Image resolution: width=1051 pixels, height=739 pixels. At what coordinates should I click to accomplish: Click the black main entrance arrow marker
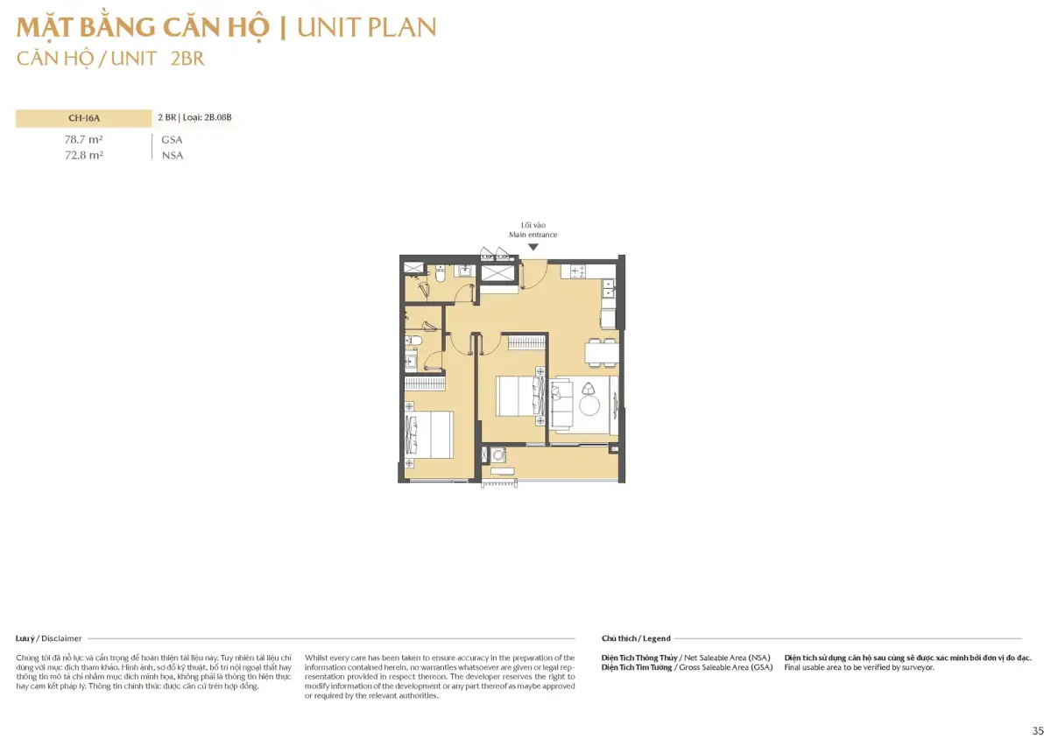pyautogui.click(x=533, y=247)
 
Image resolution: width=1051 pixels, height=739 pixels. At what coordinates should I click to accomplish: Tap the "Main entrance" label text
pyautogui.click(x=533, y=235)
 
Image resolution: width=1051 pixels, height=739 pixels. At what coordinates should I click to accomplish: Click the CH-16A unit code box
pyautogui.click(x=84, y=118)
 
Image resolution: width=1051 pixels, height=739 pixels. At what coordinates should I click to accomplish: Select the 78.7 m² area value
pyautogui.click(x=84, y=139)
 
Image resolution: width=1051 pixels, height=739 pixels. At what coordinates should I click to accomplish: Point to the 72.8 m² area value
pyautogui.click(x=84, y=155)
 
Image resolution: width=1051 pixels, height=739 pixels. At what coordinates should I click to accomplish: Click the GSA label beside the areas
pyautogui.click(x=172, y=140)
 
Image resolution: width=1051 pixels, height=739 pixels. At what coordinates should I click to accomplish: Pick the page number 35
pyautogui.click(x=1037, y=730)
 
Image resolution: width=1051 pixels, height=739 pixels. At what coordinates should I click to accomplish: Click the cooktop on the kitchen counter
pyautogui.click(x=578, y=271)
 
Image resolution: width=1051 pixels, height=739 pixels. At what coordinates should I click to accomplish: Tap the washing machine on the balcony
pyautogui.click(x=497, y=454)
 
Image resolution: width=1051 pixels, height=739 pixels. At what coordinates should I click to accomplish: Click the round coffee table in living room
pyautogui.click(x=589, y=405)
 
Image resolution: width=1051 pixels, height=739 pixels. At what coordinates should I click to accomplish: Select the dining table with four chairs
pyautogui.click(x=601, y=352)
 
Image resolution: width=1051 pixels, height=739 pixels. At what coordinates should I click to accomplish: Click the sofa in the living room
pyautogui.click(x=561, y=404)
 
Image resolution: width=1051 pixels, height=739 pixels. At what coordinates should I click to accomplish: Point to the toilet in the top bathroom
pyautogui.click(x=440, y=274)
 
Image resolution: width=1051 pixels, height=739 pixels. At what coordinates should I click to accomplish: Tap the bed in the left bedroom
pyautogui.click(x=429, y=434)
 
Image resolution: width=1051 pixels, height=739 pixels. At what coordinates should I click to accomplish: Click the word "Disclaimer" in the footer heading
pyautogui.click(x=61, y=638)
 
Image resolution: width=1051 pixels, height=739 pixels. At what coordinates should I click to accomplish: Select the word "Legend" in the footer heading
pyautogui.click(x=656, y=638)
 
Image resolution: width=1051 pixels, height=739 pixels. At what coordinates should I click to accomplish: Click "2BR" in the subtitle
pyautogui.click(x=187, y=59)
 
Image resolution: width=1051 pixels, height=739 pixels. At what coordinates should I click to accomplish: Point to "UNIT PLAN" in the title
pyautogui.click(x=366, y=27)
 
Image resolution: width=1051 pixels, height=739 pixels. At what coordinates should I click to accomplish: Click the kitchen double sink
pyautogui.click(x=608, y=289)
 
